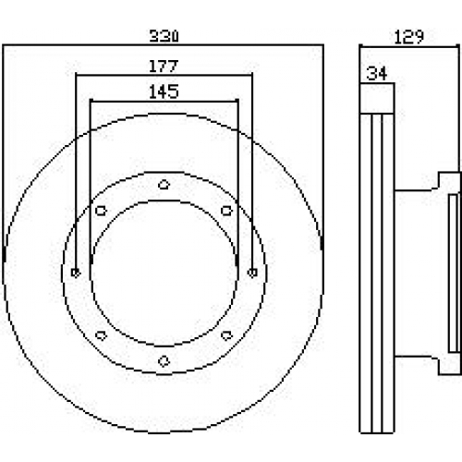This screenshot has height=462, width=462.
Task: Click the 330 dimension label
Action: click(164, 36)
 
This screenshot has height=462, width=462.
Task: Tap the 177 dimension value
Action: click(164, 66)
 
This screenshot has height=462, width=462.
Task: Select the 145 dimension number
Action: click(164, 91)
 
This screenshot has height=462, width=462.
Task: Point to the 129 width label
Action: click(409, 37)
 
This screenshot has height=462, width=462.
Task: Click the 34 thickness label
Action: click(376, 74)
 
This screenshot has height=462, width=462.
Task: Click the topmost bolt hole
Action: click(164, 185)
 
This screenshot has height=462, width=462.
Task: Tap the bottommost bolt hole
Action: click(164, 360)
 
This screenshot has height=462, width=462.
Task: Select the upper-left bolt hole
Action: click(101, 211)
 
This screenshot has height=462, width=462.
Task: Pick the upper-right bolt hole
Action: click(226, 211)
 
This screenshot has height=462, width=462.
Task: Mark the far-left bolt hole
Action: click(76, 273)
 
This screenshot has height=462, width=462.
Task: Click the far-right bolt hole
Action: click(252, 273)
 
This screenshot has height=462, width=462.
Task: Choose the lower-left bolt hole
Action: click(101, 335)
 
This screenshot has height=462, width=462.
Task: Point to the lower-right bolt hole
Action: click(226, 335)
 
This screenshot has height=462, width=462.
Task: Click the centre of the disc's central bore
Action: click(164, 273)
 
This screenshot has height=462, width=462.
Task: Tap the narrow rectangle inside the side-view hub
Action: click(453, 273)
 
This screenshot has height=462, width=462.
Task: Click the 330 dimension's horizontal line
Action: click(164, 45)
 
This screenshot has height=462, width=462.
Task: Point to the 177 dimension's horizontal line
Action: click(164, 75)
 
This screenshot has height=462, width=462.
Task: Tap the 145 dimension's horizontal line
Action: click(164, 101)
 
